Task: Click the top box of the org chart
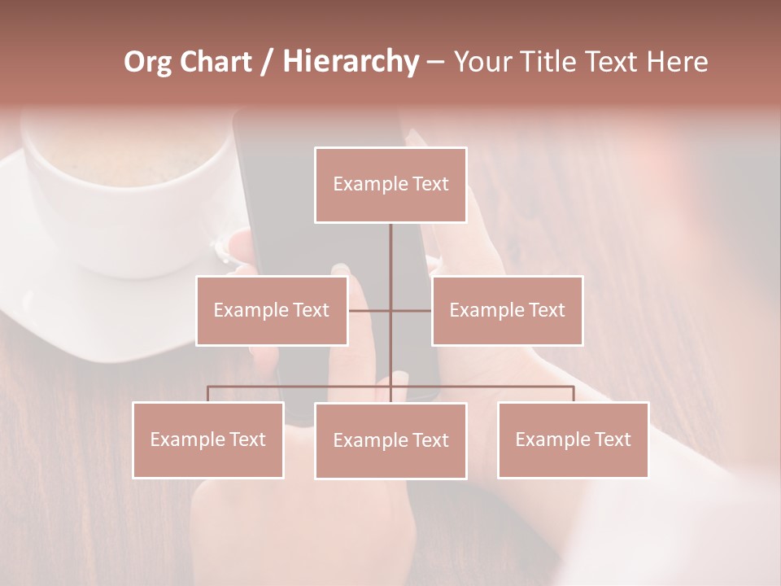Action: click(390, 185)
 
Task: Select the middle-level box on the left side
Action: click(272, 310)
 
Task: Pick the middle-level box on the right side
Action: click(507, 310)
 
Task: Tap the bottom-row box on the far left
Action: click(208, 439)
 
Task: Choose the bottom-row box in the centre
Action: click(390, 440)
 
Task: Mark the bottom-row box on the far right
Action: click(573, 439)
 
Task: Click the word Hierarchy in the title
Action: click(351, 62)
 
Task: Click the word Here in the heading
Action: click(677, 62)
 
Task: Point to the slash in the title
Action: click(266, 63)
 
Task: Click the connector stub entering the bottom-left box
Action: click(208, 394)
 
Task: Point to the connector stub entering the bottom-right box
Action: click(573, 394)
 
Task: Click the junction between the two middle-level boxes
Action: click(390, 310)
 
